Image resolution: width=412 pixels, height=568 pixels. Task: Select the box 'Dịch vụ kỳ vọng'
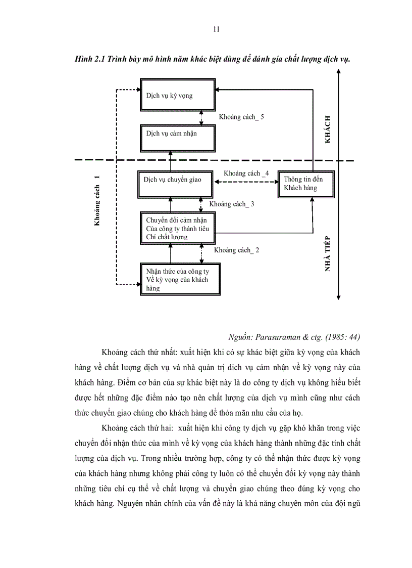tap(178, 95)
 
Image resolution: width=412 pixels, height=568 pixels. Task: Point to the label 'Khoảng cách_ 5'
tap(241, 117)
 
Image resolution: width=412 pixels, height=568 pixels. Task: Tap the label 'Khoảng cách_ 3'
tap(231, 204)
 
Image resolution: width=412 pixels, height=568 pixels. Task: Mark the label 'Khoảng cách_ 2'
tap(236, 250)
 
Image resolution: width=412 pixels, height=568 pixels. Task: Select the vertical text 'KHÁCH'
tap(328, 129)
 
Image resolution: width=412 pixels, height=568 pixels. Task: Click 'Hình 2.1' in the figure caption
tap(77, 59)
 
